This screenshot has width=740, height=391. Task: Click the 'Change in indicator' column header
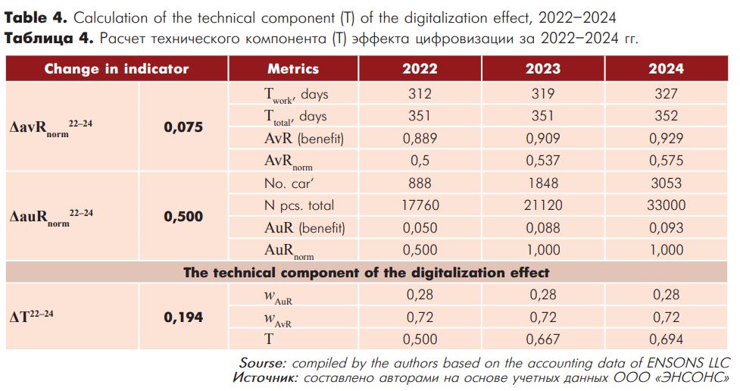(117, 69)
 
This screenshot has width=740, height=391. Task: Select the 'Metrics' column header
(293, 69)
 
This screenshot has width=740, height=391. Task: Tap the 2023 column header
(543, 69)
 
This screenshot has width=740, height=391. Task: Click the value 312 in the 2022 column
(420, 93)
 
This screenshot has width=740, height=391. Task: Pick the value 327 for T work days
(666, 93)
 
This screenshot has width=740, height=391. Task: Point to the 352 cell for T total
(666, 116)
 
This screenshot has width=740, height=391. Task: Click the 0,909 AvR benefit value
(543, 139)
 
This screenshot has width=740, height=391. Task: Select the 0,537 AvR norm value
(543, 161)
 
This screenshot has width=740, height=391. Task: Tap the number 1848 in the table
(543, 183)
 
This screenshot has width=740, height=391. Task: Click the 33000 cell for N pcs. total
(666, 205)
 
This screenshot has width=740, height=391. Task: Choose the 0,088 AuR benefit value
(543, 227)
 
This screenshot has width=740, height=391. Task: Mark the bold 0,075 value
(183, 127)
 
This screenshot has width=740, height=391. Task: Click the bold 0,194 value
(183, 317)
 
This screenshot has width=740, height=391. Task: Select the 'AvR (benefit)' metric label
(304, 139)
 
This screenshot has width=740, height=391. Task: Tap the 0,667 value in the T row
(543, 339)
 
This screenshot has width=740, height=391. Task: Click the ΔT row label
(32, 315)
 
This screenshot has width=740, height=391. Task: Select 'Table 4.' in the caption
(36, 18)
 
